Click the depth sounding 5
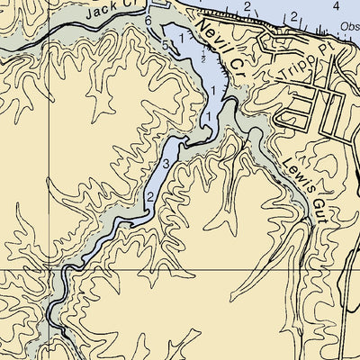166,44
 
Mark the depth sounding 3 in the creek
166,163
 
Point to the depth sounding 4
336,5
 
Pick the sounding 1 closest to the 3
208,118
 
